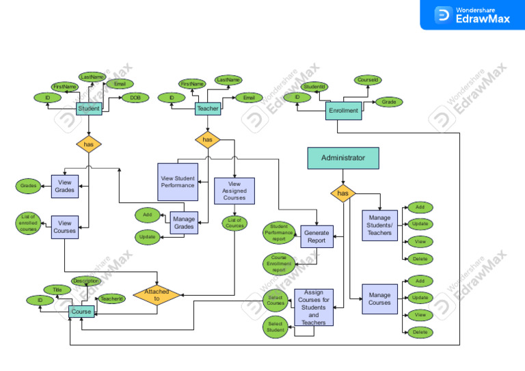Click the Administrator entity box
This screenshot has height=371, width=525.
click(x=343, y=158)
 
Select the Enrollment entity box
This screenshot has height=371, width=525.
click(x=343, y=110)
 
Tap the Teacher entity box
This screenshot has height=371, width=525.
click(x=207, y=109)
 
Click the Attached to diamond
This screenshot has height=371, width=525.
click(x=157, y=295)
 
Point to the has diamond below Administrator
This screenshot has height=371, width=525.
click(x=343, y=193)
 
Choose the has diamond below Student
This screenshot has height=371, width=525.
click(x=88, y=144)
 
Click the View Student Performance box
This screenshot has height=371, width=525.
click(x=178, y=182)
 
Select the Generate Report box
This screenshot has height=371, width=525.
click(x=317, y=236)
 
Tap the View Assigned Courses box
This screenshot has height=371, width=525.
click(x=234, y=191)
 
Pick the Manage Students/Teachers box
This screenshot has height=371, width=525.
click(x=379, y=225)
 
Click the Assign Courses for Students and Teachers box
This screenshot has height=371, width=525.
click(x=314, y=307)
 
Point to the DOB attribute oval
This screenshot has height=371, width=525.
click(x=135, y=98)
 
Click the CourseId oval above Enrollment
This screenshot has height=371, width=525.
click(x=367, y=80)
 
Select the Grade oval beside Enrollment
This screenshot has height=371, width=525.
click(x=389, y=102)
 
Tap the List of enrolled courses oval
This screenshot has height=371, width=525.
click(x=29, y=223)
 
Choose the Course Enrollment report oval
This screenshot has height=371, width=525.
click(x=278, y=264)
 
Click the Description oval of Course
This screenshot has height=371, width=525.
click(x=86, y=281)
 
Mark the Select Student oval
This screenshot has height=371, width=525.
click(x=275, y=327)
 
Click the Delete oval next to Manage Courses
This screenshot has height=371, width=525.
click(x=420, y=332)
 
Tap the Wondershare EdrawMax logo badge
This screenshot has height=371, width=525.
click(x=472, y=15)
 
